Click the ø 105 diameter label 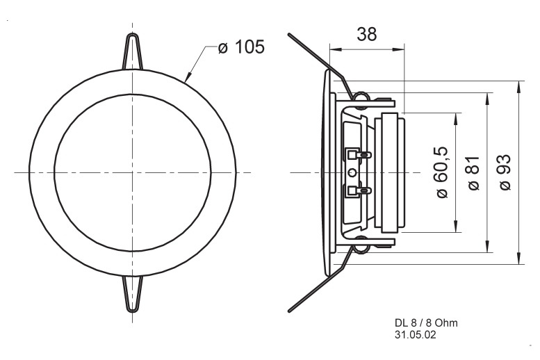coord(240,49)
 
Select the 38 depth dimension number coord(366,34)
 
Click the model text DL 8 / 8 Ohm coord(425,323)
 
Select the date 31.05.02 coord(415,334)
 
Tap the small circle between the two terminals coord(352,172)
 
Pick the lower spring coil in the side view coord(361,243)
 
